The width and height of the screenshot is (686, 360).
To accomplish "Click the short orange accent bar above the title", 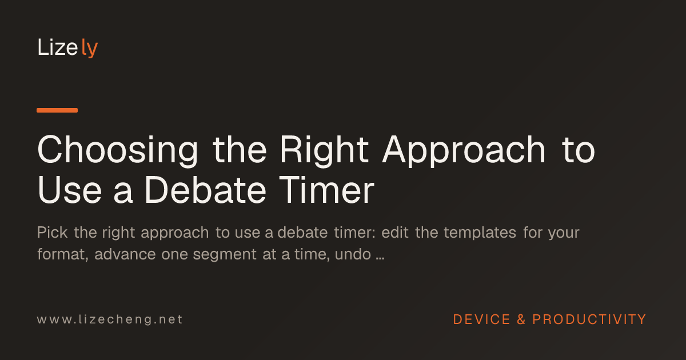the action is [57, 110].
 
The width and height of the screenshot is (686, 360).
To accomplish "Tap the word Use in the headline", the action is [70, 190].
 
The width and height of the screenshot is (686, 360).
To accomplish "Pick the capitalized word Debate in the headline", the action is [205, 190].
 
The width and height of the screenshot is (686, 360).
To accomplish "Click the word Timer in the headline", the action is [327, 190].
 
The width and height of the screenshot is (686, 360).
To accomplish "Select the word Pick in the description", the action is [52, 233].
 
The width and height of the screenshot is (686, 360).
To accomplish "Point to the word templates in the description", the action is [480, 233].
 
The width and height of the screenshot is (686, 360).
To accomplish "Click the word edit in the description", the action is [395, 233].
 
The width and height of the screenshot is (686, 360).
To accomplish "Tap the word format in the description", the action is [63, 254].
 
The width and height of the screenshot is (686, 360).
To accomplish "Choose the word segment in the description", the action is [225, 255].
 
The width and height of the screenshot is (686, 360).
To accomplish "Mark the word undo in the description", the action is [353, 254].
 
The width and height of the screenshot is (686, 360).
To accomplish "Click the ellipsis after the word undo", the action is [380, 259].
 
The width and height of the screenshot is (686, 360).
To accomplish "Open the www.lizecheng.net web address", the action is [110, 319].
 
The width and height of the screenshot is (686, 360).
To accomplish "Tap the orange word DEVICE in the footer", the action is [481, 319].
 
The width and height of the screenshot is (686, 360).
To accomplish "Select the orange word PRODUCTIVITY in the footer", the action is [589, 319].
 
